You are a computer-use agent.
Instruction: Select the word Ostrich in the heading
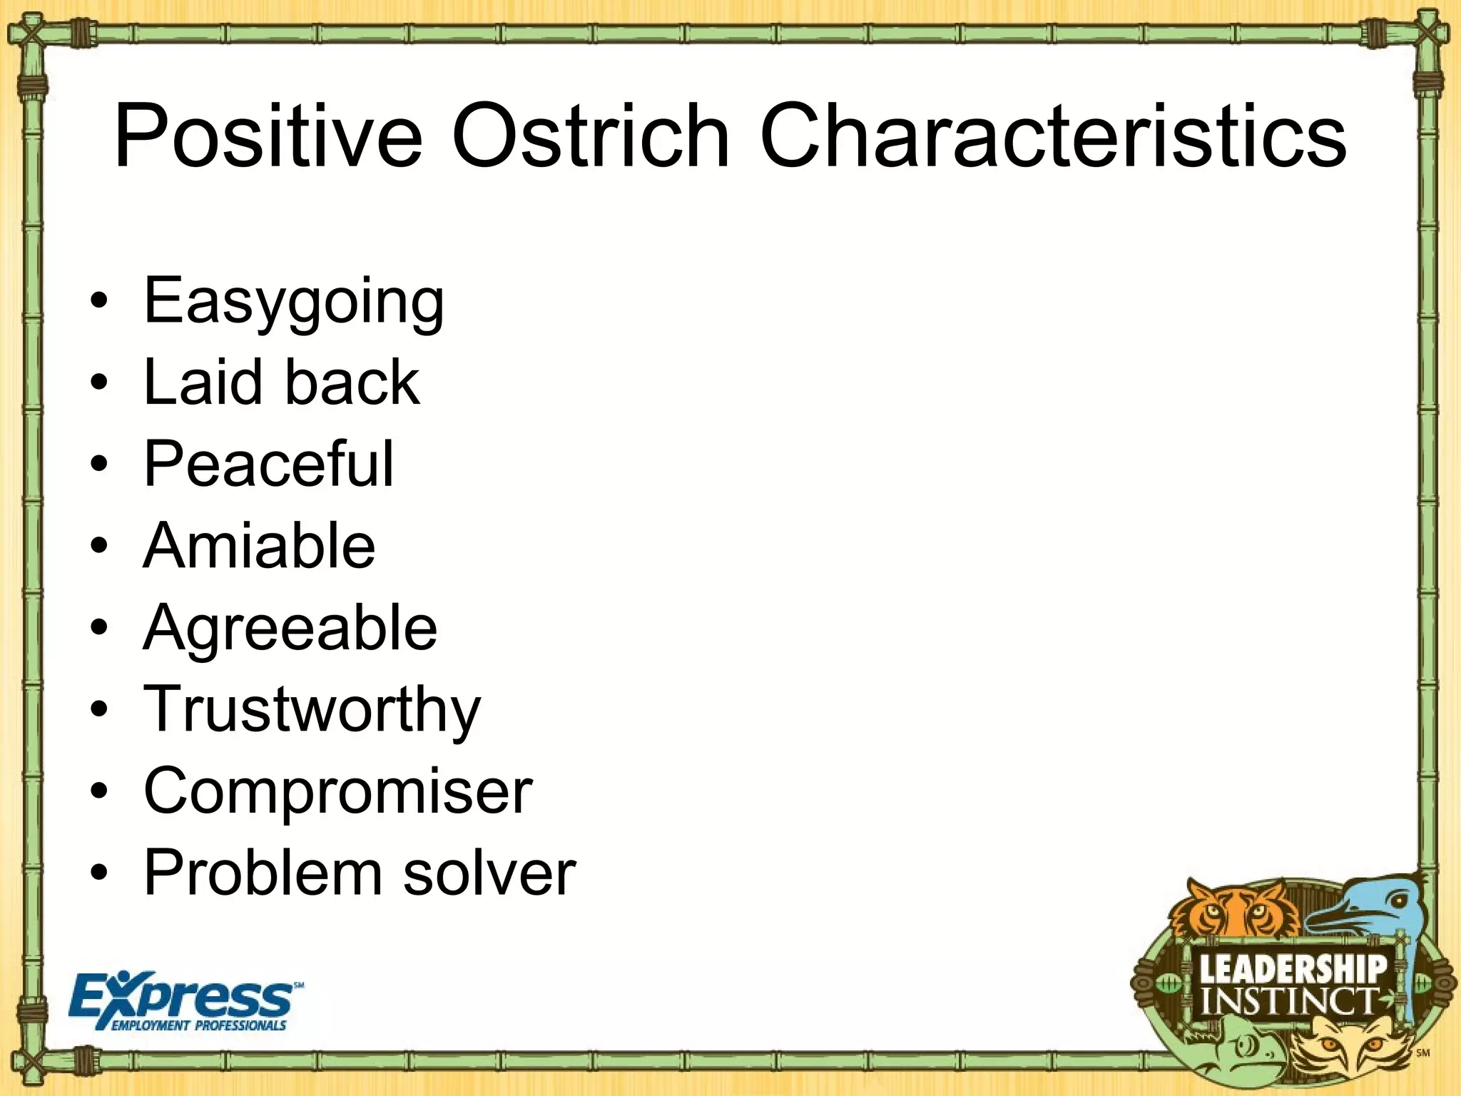click(x=590, y=136)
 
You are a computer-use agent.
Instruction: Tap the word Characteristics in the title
click(x=1053, y=136)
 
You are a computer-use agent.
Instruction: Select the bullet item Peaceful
click(x=268, y=464)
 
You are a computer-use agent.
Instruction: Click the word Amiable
click(x=259, y=546)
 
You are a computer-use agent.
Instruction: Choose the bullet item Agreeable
click(x=290, y=628)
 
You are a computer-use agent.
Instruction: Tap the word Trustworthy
click(x=312, y=711)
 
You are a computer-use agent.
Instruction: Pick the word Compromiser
click(x=337, y=791)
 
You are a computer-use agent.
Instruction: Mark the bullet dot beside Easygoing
click(x=100, y=300)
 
